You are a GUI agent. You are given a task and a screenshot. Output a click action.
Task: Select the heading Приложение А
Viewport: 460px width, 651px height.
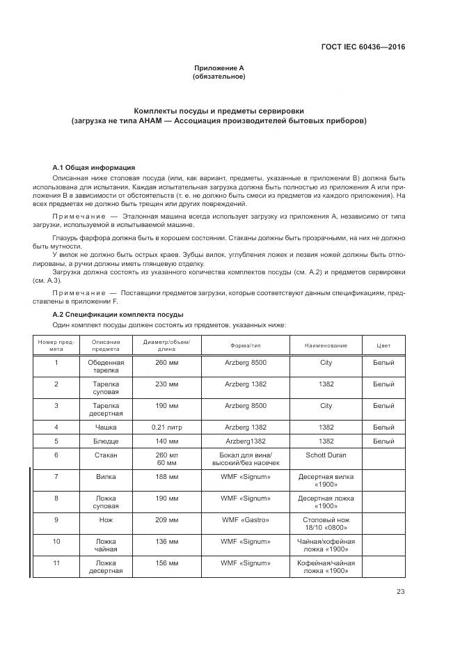tap(219, 68)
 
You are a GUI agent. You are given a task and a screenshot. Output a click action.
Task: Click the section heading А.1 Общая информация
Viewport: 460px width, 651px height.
tap(94, 168)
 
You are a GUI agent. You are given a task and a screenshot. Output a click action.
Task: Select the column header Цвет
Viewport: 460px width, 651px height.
tap(383, 345)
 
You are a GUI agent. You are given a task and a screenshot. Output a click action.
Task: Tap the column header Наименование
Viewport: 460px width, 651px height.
tap(326, 345)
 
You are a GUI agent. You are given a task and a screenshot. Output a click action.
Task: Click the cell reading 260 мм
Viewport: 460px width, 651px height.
tap(166, 363)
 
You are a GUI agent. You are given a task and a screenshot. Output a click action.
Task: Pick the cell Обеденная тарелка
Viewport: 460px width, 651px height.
tap(106, 367)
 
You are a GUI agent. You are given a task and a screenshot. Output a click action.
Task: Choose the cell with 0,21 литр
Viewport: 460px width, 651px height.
tap(166, 426)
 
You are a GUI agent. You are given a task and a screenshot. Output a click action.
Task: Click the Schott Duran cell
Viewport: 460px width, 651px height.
tap(326, 455)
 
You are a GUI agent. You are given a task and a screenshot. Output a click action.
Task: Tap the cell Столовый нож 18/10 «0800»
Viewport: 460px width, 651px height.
tap(326, 524)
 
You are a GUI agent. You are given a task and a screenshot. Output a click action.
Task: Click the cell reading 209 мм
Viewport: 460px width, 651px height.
tap(166, 519)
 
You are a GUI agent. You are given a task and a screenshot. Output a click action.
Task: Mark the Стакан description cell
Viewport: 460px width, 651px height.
tap(106, 455)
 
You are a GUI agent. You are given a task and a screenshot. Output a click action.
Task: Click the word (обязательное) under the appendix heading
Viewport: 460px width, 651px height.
tap(219, 77)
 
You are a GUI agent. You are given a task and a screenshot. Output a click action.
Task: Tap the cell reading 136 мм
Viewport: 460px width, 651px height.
tap(166, 541)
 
